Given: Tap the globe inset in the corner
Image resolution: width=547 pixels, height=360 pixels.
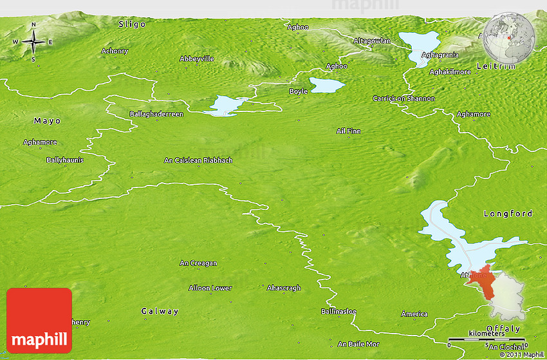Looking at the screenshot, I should click(510, 38).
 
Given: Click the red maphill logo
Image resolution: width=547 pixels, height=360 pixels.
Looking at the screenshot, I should click(39, 320).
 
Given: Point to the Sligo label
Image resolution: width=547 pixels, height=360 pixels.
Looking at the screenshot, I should click(133, 24).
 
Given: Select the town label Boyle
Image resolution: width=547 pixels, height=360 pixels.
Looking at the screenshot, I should click(298, 91).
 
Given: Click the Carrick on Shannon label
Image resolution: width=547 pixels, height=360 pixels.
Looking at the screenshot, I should click(403, 99).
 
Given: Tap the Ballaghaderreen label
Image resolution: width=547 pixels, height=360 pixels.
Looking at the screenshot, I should click(156, 114).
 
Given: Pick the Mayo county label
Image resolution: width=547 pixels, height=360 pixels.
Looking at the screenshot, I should click(47, 120).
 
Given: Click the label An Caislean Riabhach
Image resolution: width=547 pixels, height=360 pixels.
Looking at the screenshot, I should click(198, 160).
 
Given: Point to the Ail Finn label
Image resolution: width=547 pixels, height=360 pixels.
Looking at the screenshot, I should click(349, 131).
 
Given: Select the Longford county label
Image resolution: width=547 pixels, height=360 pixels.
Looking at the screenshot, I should click(508, 213).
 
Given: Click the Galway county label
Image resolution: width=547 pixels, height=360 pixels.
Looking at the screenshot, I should click(160, 311).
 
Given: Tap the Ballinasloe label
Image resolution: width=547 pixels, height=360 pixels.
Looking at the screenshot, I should click(338, 311).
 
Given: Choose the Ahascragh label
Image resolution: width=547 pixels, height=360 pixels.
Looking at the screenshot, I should click(284, 288).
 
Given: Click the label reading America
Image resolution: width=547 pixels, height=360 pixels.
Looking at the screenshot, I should click(414, 314).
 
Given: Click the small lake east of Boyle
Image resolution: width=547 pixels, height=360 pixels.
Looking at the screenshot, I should click(327, 84).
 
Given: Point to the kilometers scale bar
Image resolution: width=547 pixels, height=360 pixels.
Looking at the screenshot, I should click(488, 339).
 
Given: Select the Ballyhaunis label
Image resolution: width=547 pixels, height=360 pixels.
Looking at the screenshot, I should click(65, 159).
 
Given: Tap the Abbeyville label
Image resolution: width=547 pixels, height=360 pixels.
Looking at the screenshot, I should click(196, 59).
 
